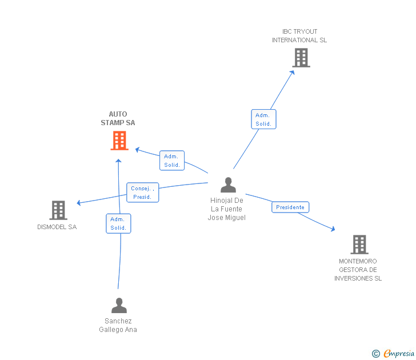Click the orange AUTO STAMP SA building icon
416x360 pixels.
pyautogui.click(x=119, y=141)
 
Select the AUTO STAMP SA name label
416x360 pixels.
pyautogui.click(x=118, y=118)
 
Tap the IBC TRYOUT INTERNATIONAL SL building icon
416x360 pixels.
pyautogui.click(x=301, y=58)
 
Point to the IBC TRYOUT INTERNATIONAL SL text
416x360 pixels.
pyautogui.click(x=299, y=36)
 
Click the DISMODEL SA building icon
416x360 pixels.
pyautogui.click(x=58, y=210)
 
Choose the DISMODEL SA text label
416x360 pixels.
pyautogui.click(x=57, y=227)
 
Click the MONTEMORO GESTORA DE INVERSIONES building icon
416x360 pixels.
pyautogui.click(x=359, y=244)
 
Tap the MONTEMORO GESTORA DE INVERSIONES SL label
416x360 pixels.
pyautogui.click(x=358, y=270)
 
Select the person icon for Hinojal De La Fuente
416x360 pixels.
pyautogui.click(x=228, y=185)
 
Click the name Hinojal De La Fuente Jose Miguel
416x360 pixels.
pyautogui.click(x=227, y=209)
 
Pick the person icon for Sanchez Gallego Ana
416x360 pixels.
pyautogui.click(x=119, y=306)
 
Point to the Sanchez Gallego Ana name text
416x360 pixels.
pyautogui.click(x=118, y=325)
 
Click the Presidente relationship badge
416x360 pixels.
pyautogui.click(x=290, y=207)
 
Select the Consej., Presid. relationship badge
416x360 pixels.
pyautogui.click(x=142, y=193)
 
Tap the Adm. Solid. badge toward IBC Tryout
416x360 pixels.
pyautogui.click(x=263, y=119)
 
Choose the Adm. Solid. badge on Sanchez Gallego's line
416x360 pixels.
pyautogui.click(x=118, y=223)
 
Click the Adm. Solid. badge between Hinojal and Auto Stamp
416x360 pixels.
pyautogui.click(x=172, y=161)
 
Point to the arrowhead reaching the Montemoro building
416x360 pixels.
pyautogui.click(x=332, y=230)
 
